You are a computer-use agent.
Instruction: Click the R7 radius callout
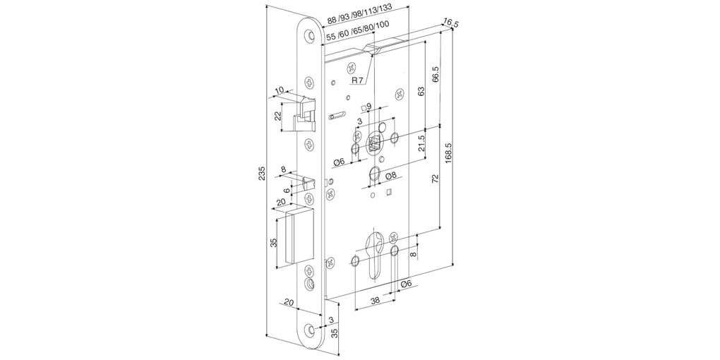click(357, 80)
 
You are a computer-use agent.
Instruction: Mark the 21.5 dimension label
click(421, 143)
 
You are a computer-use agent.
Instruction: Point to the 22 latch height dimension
click(278, 115)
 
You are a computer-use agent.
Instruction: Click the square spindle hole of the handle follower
click(374, 145)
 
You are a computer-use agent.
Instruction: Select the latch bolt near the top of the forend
click(308, 113)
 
